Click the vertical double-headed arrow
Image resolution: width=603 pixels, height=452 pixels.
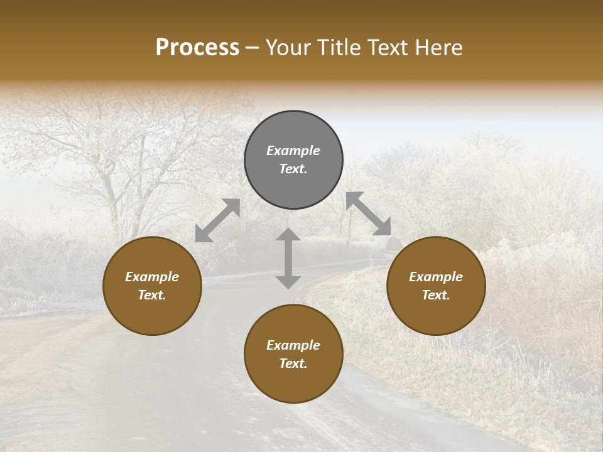click(288, 258)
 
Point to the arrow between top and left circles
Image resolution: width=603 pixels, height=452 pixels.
click(217, 220)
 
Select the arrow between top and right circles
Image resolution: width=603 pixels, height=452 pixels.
click(369, 213)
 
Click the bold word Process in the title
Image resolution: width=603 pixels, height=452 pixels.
click(197, 47)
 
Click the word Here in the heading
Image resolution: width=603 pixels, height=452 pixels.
click(437, 47)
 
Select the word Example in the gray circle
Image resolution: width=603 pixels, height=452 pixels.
click(293, 151)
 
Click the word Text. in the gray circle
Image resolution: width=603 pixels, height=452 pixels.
click(293, 169)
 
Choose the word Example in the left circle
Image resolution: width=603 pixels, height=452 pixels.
click(152, 277)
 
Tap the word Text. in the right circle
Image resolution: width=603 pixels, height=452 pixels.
click(436, 295)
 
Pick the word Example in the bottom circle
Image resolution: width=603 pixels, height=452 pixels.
click(293, 345)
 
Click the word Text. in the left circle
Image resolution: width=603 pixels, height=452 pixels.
click(152, 295)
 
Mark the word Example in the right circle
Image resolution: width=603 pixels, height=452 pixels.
click(436, 277)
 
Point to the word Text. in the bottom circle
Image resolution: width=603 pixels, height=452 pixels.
click(293, 363)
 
